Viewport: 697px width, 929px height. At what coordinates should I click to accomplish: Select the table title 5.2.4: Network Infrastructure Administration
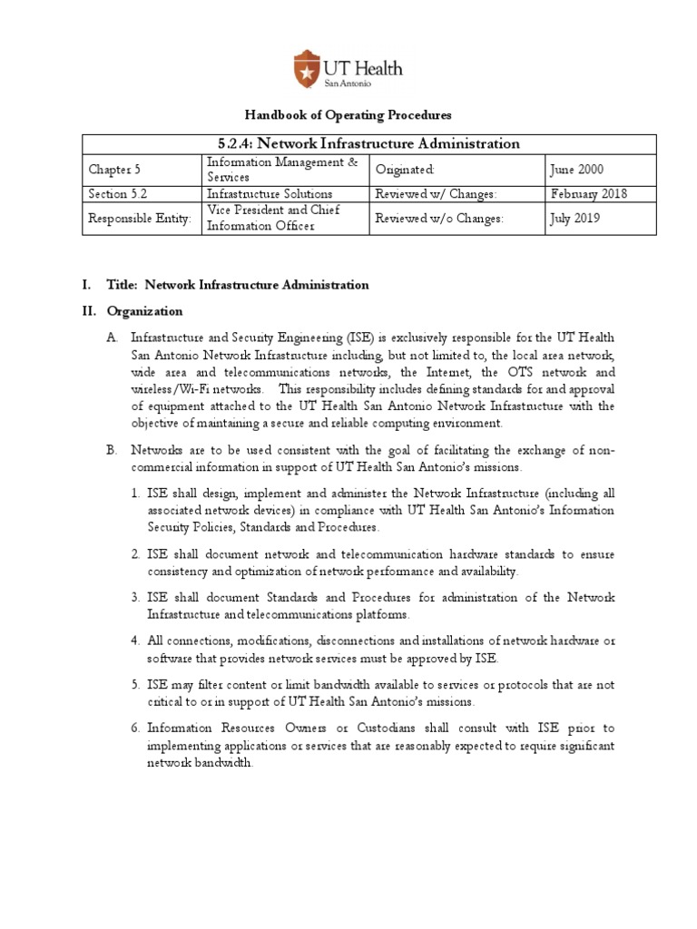[348, 143]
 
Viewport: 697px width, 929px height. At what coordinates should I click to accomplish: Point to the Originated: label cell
[406, 170]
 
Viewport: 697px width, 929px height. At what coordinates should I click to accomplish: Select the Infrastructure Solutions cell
[270, 193]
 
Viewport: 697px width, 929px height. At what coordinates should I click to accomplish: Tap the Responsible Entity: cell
[140, 219]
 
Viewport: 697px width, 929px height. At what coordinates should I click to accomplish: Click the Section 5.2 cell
[116, 193]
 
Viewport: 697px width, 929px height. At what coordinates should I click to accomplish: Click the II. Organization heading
[132, 311]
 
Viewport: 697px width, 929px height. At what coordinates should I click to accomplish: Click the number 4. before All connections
[134, 641]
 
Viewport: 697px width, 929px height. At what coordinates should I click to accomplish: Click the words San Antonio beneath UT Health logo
[348, 83]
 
